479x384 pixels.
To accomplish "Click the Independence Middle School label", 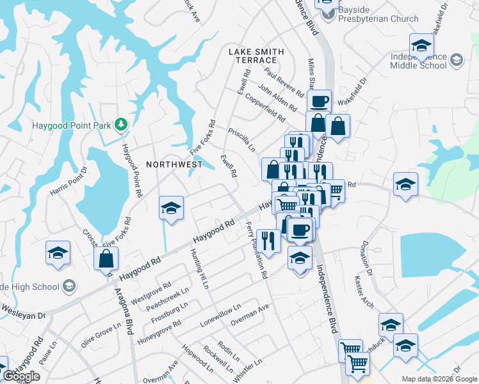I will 418,61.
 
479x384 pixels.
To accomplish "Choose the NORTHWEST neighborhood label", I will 174,164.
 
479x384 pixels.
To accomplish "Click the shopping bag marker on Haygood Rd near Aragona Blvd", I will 106,259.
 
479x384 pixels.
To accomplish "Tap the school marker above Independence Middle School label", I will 421,45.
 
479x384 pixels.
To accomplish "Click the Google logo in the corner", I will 21,376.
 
